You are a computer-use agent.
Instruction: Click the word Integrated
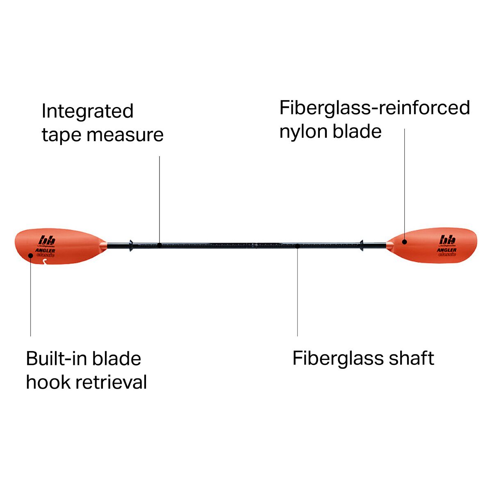pyautogui.click(x=88, y=111)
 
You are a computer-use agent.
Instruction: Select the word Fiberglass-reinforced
pyautogui.click(x=374, y=108)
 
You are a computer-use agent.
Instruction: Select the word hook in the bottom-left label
pyautogui.click(x=43, y=382)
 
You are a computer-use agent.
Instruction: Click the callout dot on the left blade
pyautogui.click(x=31, y=255)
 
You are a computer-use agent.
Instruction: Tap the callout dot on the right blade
pyautogui.click(x=404, y=242)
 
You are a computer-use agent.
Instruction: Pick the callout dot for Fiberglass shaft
pyautogui.click(x=297, y=246)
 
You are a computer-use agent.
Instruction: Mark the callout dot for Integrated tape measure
pyautogui.click(x=159, y=245)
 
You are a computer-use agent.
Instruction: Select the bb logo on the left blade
pyautogui.click(x=47, y=240)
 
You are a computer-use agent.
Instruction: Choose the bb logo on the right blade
pyautogui.click(x=448, y=239)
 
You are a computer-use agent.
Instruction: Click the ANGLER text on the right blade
pyautogui.click(x=446, y=250)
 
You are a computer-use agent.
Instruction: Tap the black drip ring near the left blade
pyautogui.click(x=130, y=246)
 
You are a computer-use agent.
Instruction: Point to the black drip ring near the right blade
pyautogui.click(x=362, y=246)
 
